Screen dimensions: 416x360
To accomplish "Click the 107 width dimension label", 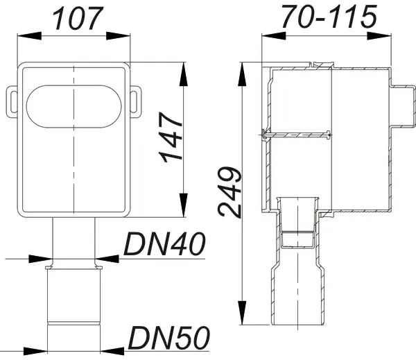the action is coord(76,18).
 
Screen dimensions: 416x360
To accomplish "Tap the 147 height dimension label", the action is coord(171,137).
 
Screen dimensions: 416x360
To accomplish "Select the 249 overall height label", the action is coord(229,191).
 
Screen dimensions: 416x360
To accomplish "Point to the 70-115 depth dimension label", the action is coord(329,17).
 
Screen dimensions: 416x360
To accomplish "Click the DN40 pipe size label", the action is coord(164,243).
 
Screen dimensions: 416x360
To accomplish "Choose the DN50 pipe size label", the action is coord(168,338).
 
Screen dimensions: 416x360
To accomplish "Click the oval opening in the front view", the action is coord(73,106).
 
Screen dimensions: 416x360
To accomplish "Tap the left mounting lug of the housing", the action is coord(12,102).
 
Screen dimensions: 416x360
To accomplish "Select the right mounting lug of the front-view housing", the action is coord(136,102).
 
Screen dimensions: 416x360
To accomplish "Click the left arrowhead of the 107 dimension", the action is coord(29,36).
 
